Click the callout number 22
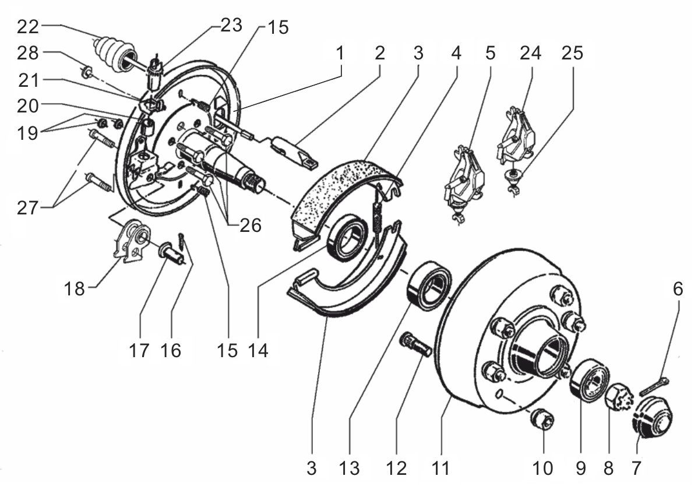point(29,26)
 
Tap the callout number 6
point(678,290)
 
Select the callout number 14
point(258,351)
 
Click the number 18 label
point(75,288)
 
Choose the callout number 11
point(441,468)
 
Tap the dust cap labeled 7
point(651,418)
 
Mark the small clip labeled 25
point(513,178)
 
